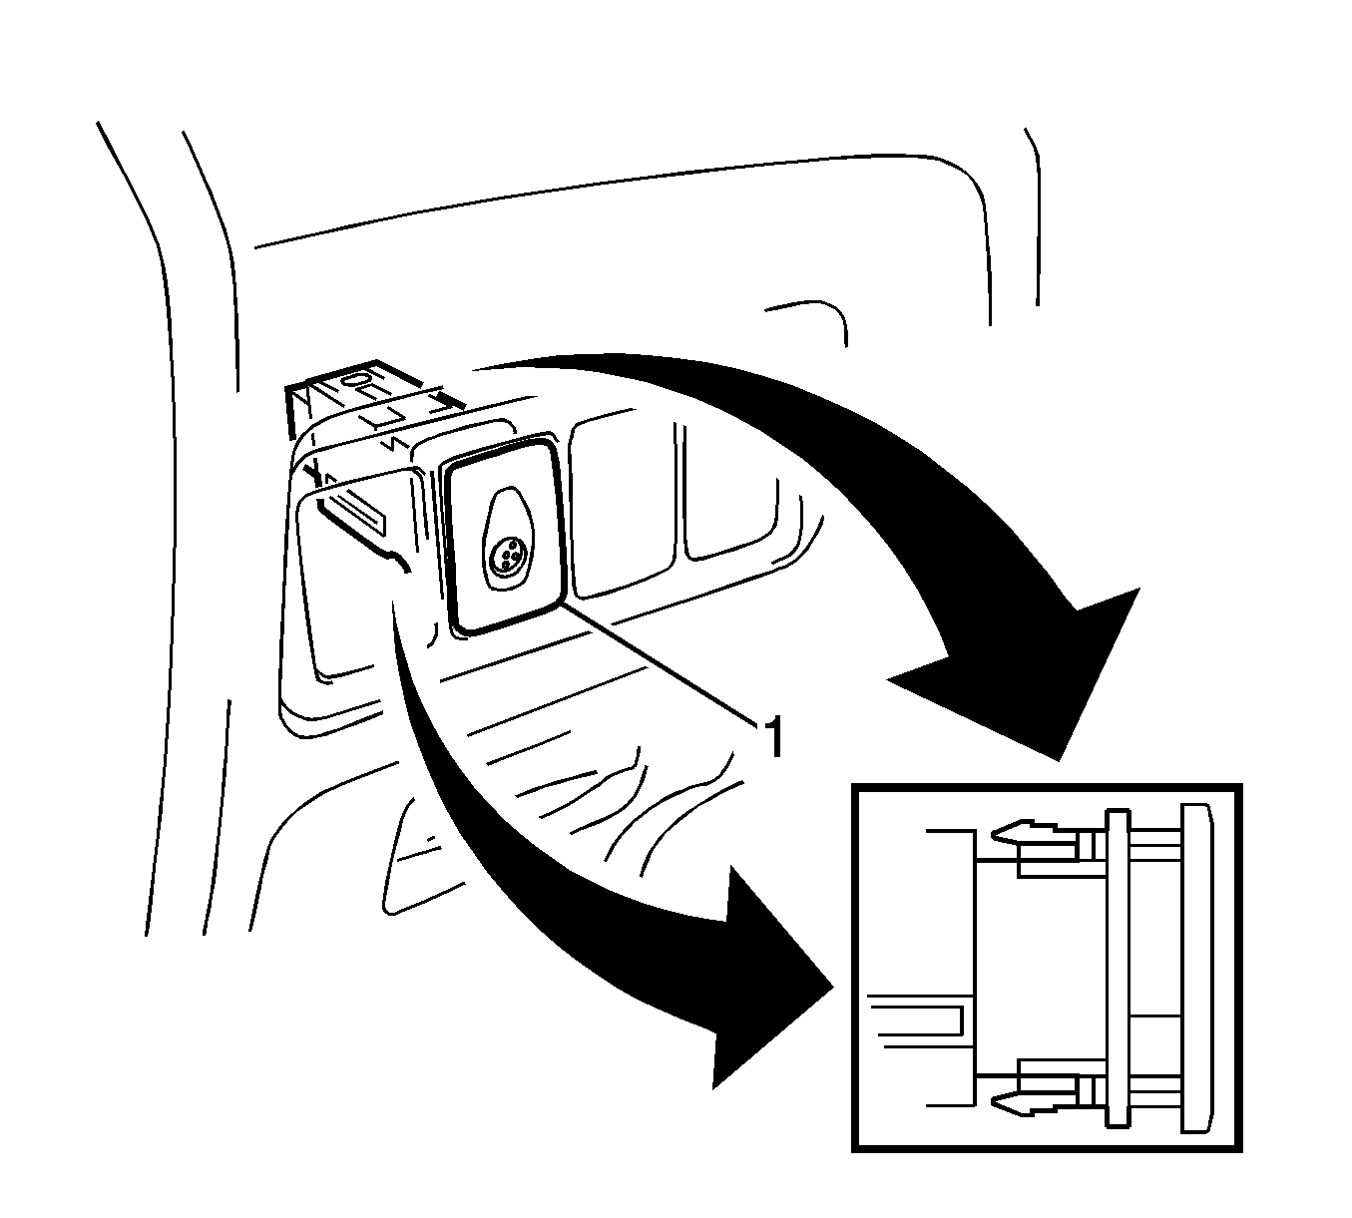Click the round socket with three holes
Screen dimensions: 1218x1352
click(508, 559)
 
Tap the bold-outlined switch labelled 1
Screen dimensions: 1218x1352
click(503, 534)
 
